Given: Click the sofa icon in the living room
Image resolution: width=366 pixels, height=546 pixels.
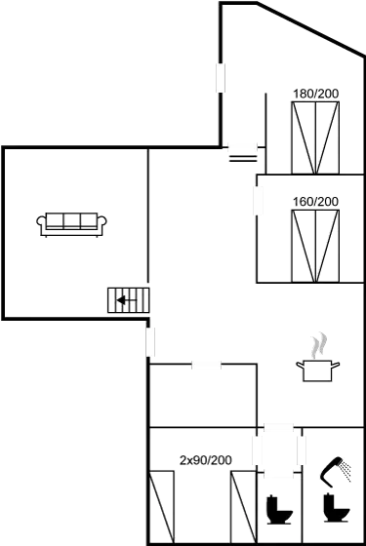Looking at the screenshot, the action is [71, 223].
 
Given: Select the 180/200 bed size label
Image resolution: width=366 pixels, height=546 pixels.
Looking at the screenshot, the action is [314, 94].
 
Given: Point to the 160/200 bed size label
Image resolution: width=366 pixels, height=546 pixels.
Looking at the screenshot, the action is [314, 202].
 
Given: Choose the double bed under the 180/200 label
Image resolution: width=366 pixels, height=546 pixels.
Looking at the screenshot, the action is [314, 136].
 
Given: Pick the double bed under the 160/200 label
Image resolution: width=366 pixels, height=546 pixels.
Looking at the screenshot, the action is [314, 245].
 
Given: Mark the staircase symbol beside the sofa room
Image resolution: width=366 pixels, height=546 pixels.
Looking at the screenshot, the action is [128, 299].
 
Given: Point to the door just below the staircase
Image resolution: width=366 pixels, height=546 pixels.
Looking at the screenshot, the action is [151, 341].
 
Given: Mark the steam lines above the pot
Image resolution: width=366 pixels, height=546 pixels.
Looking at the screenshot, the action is [318, 344].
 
